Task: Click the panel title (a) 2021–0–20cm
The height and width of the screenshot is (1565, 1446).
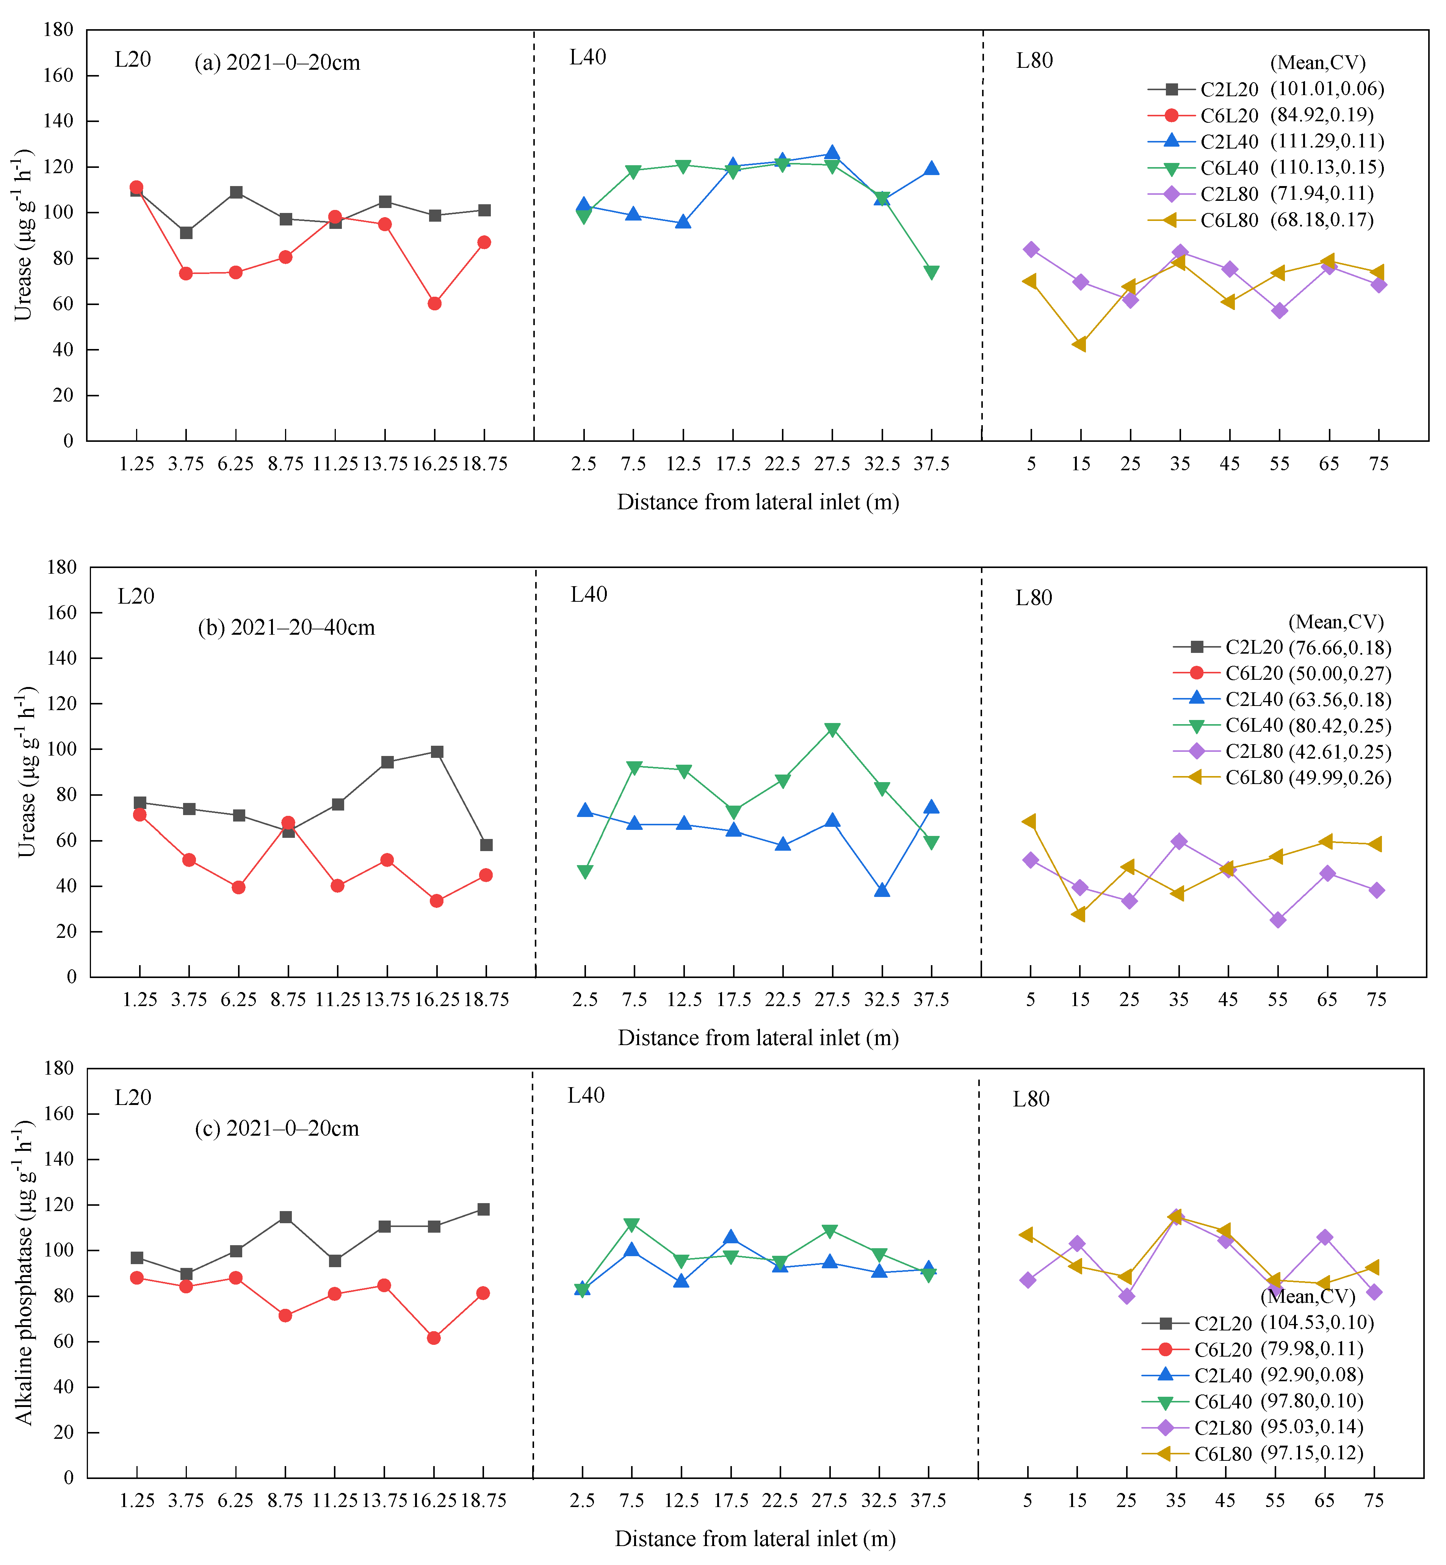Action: (x=277, y=63)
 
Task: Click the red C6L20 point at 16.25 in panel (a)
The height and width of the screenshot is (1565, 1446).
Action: (x=435, y=304)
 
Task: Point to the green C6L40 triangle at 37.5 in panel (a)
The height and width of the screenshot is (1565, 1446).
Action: (x=931, y=272)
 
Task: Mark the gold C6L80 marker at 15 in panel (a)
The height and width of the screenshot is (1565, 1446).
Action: (x=1081, y=344)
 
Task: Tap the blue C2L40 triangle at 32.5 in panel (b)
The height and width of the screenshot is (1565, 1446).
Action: (x=882, y=890)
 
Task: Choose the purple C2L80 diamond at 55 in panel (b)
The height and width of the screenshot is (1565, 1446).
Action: (x=1278, y=920)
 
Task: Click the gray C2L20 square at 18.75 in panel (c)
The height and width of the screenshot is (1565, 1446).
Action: (x=484, y=1209)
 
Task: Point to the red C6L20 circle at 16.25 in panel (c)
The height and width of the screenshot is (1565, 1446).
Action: (x=434, y=1338)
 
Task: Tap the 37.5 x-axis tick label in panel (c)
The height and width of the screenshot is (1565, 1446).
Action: (x=929, y=1500)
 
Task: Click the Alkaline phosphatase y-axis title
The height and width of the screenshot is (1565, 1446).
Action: (x=25, y=1272)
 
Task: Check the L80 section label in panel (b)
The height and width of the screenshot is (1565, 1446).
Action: (x=1034, y=598)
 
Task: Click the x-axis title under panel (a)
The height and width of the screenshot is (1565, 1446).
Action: (x=758, y=502)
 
